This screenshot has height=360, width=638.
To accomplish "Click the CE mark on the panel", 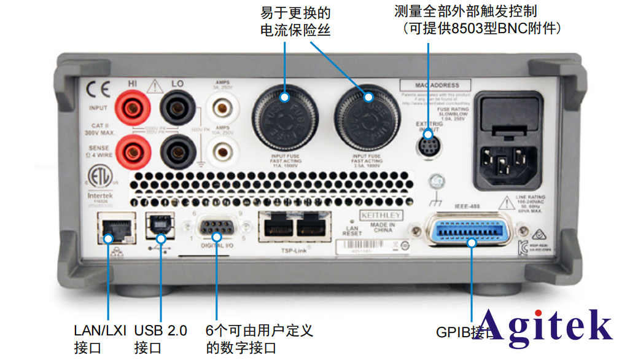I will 98,90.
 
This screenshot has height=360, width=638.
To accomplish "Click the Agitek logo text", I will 545,324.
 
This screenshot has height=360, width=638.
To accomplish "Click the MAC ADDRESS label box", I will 437,85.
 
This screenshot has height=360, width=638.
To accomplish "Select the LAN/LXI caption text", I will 99,331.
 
